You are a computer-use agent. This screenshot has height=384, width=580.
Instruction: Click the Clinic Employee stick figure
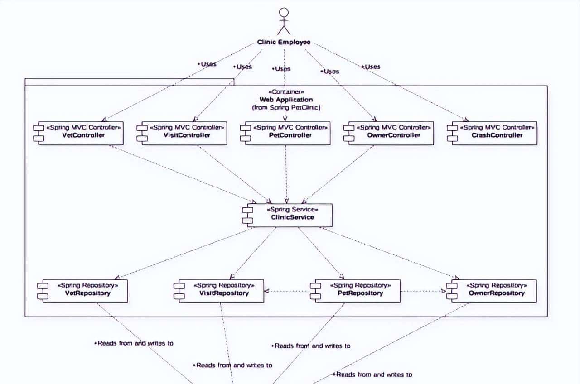(x=284, y=21)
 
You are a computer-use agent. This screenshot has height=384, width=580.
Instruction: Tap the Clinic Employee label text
(x=284, y=42)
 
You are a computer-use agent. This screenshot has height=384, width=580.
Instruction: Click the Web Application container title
(x=286, y=100)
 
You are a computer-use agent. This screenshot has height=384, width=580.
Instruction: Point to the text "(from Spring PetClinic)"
(x=286, y=108)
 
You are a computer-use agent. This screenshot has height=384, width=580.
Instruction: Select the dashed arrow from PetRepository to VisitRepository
(x=287, y=291)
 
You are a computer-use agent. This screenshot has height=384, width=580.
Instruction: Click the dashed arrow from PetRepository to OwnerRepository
(x=423, y=291)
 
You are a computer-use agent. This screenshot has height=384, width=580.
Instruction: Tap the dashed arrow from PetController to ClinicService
(x=286, y=174)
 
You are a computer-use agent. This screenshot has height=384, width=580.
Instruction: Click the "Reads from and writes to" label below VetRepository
(x=134, y=343)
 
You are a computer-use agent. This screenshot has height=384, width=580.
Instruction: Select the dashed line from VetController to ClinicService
(x=181, y=174)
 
